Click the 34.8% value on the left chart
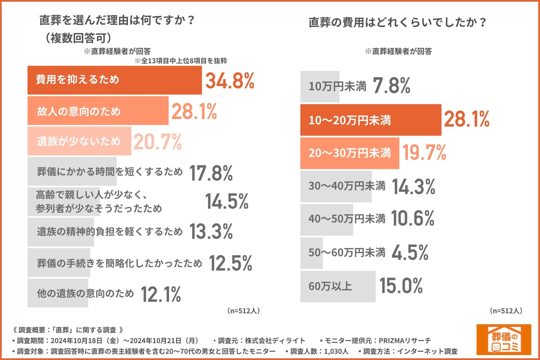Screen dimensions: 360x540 tap(229, 81)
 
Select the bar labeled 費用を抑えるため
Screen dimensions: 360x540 tap(114, 80)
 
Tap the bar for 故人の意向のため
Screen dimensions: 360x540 tap(98, 111)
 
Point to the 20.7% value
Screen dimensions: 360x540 tap(157, 141)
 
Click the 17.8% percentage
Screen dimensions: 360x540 tap(211, 173)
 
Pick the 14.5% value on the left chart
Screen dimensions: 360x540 tap(227, 201)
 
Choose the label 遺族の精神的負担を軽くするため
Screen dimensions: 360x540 tap(110, 232)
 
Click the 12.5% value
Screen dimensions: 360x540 tap(230, 264)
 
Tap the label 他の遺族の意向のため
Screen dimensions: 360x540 tap(85, 293)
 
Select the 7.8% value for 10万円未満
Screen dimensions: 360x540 tap(391, 85)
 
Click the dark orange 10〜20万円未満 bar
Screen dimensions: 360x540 tap(371, 120)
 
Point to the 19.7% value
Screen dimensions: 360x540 tap(424, 153)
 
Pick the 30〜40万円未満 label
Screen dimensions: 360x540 tap(347, 186)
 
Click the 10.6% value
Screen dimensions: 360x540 tap(413, 218)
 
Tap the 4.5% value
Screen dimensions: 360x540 tap(410, 252)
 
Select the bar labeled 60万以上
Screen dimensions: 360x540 tap(338, 287)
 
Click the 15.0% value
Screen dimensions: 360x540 tap(401, 286)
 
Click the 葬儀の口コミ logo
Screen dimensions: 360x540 tap(504, 339)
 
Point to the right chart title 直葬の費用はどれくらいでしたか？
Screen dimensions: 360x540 tap(397, 22)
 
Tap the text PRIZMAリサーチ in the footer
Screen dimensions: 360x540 tap(405, 341)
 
